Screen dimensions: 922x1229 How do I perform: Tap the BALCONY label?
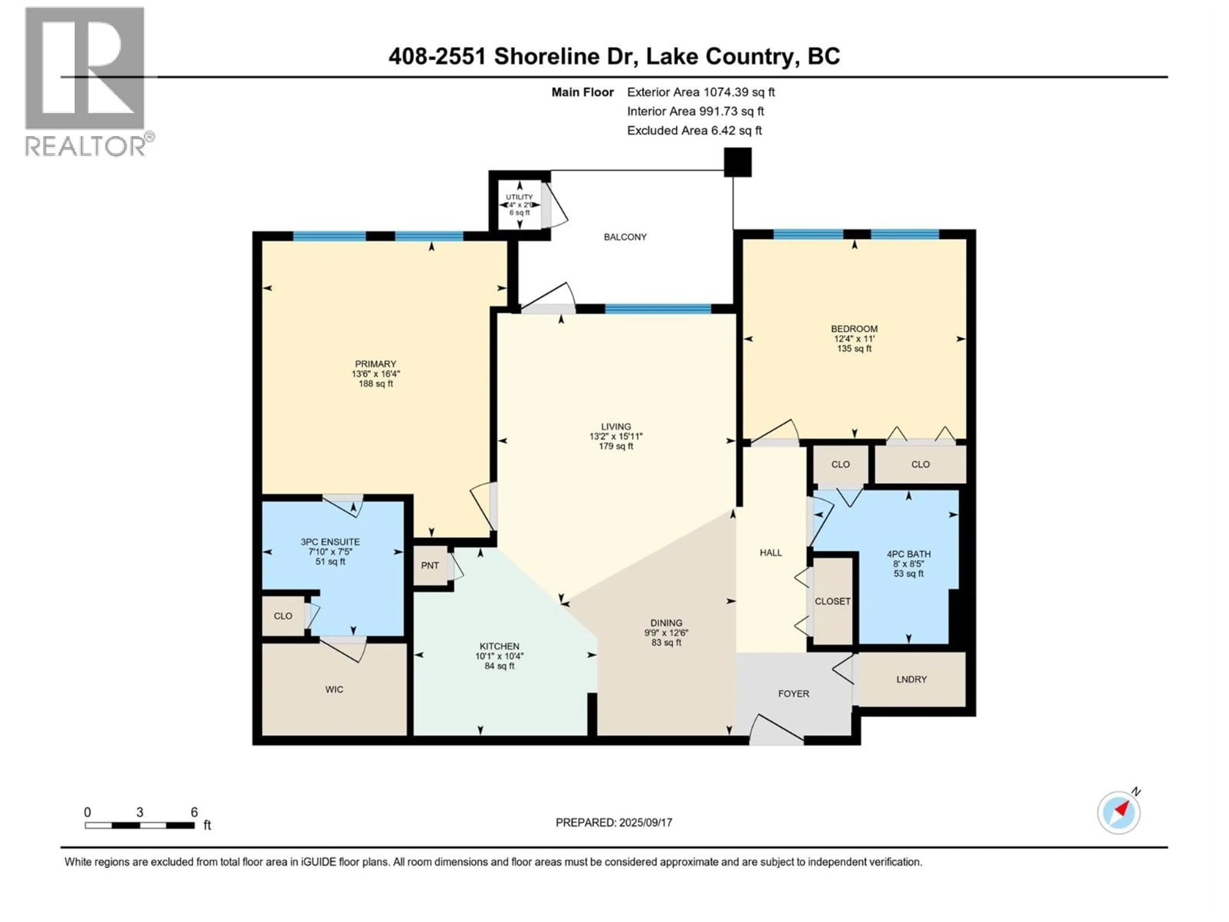625,237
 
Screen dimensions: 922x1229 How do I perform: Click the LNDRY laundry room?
911,679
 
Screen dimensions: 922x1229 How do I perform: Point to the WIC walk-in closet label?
334,689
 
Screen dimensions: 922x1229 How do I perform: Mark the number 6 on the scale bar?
194,812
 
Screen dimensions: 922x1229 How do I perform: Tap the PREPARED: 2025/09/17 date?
614,822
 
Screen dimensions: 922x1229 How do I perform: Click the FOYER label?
793,694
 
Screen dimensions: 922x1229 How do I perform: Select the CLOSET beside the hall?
832,601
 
